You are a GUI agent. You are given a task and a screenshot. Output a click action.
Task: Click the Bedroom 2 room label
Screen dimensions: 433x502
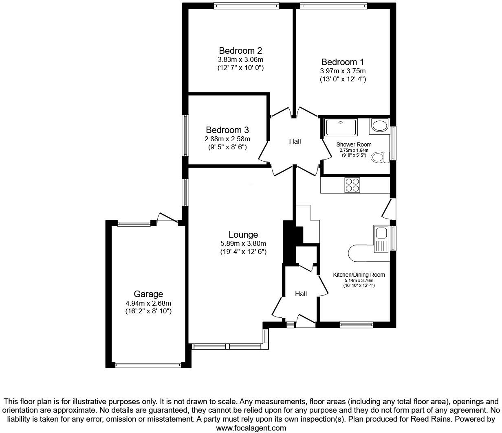(240, 51)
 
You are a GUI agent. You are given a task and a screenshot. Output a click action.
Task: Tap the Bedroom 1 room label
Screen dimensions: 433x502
(342, 62)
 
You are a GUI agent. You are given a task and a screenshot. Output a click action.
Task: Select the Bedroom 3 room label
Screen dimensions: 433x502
(227, 130)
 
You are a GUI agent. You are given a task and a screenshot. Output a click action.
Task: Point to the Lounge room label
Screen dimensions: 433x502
(243, 235)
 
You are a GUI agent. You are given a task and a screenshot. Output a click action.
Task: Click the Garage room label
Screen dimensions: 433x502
(148, 294)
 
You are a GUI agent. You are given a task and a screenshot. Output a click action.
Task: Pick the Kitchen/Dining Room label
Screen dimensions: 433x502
(359, 275)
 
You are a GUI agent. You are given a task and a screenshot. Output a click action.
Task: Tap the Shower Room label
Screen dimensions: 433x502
(354, 144)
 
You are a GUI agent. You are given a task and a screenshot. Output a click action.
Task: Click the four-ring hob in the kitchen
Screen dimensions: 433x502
(352, 185)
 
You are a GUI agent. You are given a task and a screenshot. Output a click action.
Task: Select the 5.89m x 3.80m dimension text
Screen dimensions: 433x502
(243, 244)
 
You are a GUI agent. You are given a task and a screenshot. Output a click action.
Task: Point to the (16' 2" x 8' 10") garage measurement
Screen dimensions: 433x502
(148, 311)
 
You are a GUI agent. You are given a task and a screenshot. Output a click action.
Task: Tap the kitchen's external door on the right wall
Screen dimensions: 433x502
(389, 209)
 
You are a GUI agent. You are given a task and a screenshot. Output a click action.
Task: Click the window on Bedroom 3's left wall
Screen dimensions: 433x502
(185, 136)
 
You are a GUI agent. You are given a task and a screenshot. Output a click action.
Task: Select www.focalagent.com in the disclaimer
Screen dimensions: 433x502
(251, 428)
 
